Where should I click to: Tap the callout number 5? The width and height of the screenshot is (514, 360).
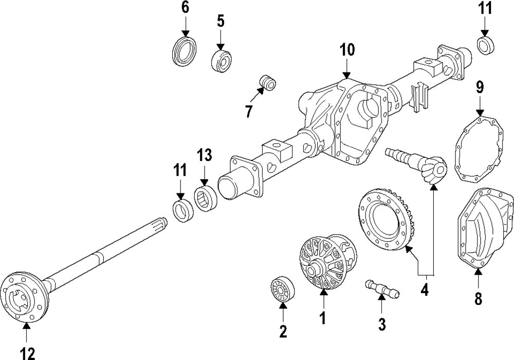(220, 21)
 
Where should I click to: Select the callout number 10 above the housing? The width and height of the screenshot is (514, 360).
(347, 50)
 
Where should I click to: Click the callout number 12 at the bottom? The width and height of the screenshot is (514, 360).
(27, 353)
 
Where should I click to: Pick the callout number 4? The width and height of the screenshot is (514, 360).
(424, 290)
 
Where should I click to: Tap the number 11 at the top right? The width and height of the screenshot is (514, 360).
(485, 8)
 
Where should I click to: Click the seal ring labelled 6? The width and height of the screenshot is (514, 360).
(185, 51)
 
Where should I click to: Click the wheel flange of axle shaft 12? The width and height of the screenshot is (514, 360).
(24, 299)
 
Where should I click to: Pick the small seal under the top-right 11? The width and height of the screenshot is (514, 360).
(485, 45)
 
